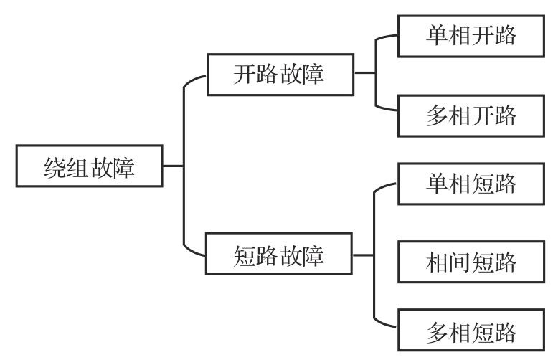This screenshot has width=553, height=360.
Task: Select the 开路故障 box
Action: point(280,73)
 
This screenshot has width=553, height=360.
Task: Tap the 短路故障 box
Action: point(280,254)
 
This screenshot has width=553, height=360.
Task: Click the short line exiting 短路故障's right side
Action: point(364,254)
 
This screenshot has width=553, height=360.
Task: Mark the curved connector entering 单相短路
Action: point(383,186)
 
